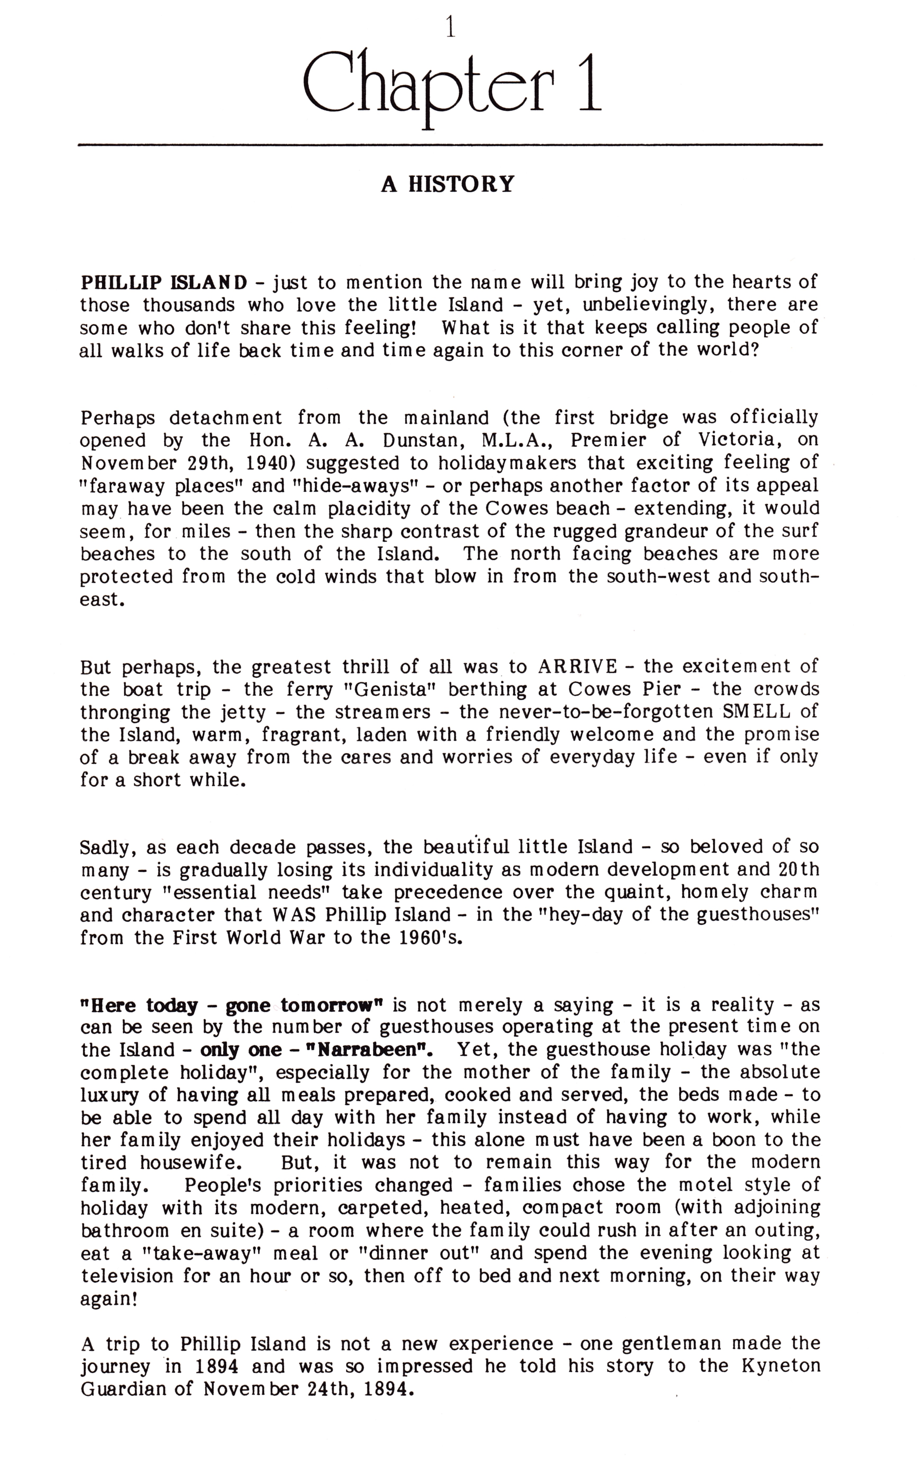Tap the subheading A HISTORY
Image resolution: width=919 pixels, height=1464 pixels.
pyautogui.click(x=447, y=184)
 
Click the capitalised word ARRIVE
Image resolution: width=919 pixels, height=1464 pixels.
pyautogui.click(x=578, y=667)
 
